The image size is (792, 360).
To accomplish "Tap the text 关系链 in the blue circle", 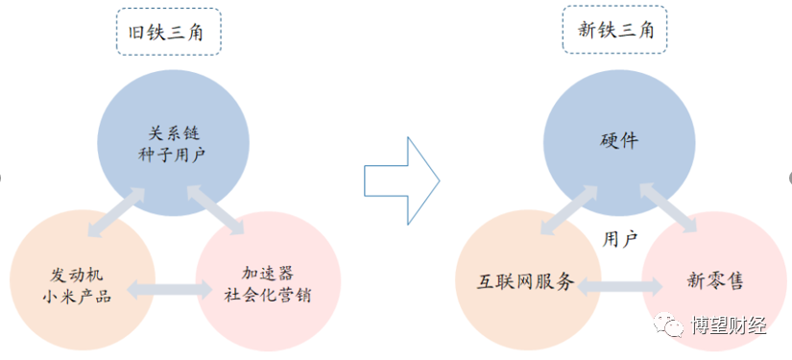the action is coord(173,132).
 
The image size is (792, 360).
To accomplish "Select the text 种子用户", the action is coord(173,153).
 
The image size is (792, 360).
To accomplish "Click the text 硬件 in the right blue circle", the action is coord(616,141).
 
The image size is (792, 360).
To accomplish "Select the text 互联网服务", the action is coord(525,282).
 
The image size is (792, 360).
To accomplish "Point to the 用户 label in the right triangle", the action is coord(620,237).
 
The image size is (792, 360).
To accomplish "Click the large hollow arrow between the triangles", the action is coord(401,180).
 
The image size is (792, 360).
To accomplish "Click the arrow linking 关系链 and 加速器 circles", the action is coord(216,207).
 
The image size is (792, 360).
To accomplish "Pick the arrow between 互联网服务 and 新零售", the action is coord(618,285).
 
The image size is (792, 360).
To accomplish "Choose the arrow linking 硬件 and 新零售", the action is coord(669,207).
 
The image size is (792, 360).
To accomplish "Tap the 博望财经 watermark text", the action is coord(729,326).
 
